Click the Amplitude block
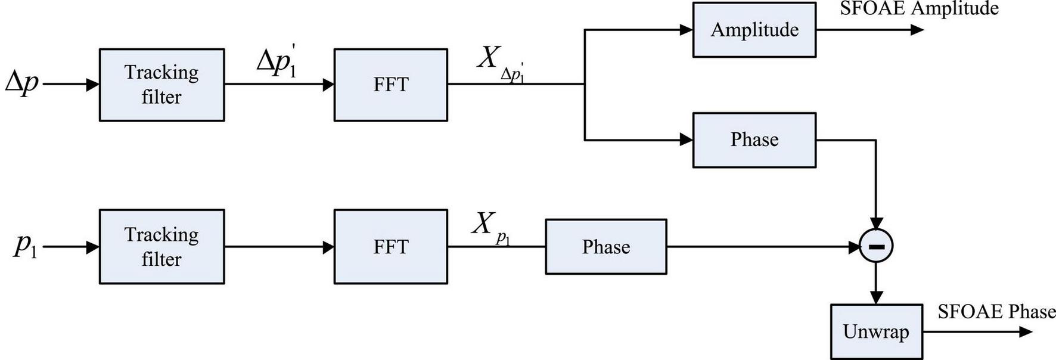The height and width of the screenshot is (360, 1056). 754,30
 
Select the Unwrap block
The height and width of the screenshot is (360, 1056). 876,331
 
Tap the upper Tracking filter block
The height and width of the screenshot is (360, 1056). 161,85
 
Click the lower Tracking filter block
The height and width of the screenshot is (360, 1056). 161,246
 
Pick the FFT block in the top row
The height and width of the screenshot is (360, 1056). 390,85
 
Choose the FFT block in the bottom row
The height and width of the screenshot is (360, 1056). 390,246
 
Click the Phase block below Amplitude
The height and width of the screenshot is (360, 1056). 754,139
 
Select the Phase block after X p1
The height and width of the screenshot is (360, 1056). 605,247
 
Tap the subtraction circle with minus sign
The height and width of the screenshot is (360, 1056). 876,246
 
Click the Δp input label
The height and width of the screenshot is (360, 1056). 22,82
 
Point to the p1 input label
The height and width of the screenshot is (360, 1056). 25,245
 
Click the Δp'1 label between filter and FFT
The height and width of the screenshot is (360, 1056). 277,62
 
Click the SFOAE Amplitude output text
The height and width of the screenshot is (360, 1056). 919,8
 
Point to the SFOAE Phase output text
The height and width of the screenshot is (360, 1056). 996,311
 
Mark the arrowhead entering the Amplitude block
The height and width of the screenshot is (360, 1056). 686,30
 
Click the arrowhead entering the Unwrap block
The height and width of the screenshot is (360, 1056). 876,297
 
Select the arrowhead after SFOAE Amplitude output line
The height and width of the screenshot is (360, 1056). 917,30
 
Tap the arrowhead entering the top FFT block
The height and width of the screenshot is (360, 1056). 328,85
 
